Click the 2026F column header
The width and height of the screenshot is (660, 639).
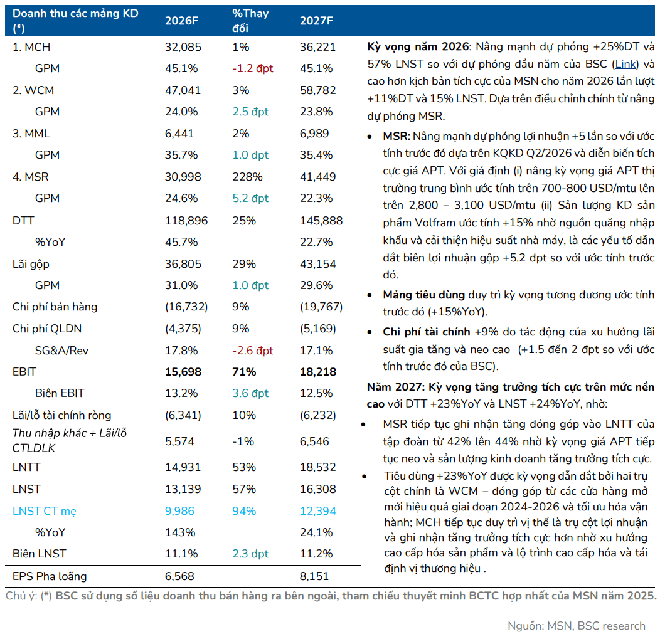point(181,21)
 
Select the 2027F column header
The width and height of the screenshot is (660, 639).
point(316,21)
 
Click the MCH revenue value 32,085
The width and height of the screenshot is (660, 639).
point(183,47)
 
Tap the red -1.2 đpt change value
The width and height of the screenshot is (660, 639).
point(253,68)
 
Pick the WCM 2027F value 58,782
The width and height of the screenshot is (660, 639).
point(318,90)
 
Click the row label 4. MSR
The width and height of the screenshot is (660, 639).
point(30,177)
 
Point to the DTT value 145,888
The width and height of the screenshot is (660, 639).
point(321,221)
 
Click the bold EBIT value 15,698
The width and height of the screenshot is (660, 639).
point(183,372)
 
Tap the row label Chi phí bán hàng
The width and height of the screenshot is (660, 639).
point(55,307)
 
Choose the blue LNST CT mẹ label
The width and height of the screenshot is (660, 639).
point(44,511)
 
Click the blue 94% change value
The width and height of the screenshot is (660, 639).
point(244,511)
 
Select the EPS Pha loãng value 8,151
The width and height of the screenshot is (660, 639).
point(314,576)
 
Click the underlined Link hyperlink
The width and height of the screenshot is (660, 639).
point(625,64)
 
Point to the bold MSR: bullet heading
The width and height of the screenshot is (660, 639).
point(397,136)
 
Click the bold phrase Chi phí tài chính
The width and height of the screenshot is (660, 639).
point(427,332)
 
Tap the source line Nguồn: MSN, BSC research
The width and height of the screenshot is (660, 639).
point(576,626)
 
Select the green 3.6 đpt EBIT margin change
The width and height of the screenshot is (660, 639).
point(250,393)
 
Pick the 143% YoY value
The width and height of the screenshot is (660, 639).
point(180,532)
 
